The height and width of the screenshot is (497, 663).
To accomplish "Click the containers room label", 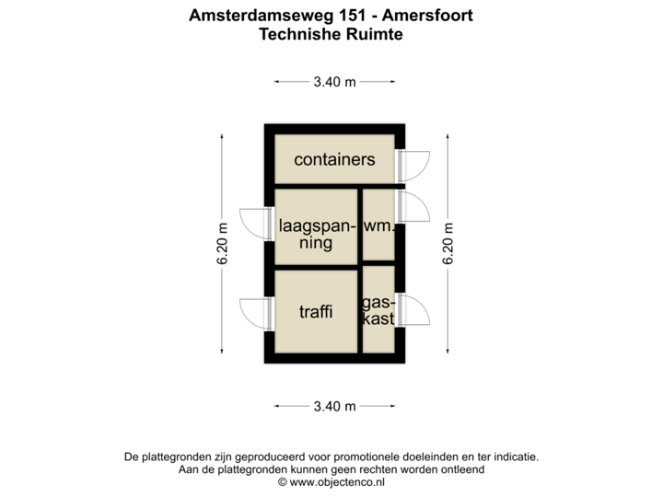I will (334, 159).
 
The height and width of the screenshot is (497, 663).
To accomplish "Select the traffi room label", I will (315, 312).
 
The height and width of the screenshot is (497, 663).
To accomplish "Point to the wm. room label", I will (378, 225).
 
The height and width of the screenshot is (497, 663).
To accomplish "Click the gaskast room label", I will (378, 311).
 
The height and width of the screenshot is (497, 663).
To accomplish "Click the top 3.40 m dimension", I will (334, 82).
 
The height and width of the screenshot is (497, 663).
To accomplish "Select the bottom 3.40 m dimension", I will (334, 406).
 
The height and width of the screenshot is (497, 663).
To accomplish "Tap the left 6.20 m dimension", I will (222, 243).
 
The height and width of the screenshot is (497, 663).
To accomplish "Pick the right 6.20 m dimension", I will (448, 243).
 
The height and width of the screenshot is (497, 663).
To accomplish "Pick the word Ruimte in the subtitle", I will (376, 34).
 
